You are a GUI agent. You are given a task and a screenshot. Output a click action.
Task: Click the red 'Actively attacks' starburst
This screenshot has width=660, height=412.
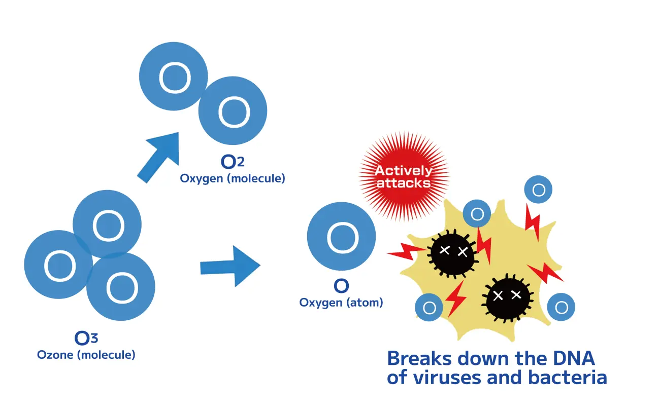point(404,176)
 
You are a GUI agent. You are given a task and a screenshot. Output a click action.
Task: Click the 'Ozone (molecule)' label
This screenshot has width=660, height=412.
point(86,355)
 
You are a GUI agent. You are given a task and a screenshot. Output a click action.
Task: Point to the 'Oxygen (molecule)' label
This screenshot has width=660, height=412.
point(233,178)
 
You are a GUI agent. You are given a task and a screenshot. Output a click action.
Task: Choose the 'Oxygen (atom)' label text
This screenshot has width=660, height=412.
point(341,303)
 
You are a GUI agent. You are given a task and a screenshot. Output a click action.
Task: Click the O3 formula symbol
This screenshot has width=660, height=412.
point(86,338)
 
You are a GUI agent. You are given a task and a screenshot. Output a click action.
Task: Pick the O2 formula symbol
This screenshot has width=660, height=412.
point(233,162)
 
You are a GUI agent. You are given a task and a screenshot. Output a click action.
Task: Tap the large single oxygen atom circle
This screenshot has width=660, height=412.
point(342,236)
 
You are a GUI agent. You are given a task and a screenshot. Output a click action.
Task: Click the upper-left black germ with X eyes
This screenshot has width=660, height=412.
point(453,252)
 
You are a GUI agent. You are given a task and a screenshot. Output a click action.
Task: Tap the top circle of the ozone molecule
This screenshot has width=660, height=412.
point(107,224)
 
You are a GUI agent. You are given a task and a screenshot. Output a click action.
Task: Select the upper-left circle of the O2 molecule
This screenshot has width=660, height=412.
point(174,76)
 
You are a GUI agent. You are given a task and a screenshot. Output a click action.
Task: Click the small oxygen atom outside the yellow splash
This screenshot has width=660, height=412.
point(538,190)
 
